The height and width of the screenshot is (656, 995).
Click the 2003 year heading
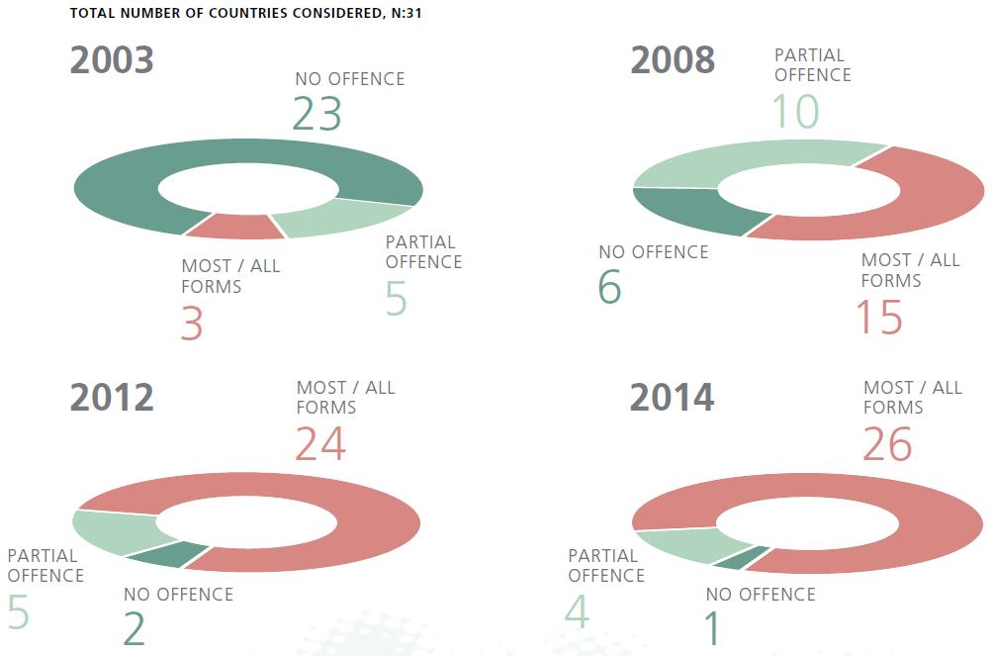click(112, 60)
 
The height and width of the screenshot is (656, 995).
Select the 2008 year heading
click(673, 60)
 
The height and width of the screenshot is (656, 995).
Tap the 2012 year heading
click(112, 398)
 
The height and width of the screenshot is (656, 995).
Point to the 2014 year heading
click(673, 398)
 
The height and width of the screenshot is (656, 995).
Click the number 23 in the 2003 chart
click(317, 114)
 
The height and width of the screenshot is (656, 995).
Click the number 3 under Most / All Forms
click(192, 324)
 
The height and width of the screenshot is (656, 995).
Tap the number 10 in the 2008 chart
click(795, 111)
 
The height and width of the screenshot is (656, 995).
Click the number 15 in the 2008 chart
click(880, 317)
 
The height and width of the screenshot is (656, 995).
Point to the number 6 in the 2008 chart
click(609, 287)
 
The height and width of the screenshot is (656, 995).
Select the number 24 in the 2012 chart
click(320, 444)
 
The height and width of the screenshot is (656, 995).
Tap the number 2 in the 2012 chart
click(135, 629)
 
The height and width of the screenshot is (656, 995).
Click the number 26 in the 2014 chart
click(886, 444)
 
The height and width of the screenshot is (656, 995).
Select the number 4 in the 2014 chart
click(577, 611)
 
